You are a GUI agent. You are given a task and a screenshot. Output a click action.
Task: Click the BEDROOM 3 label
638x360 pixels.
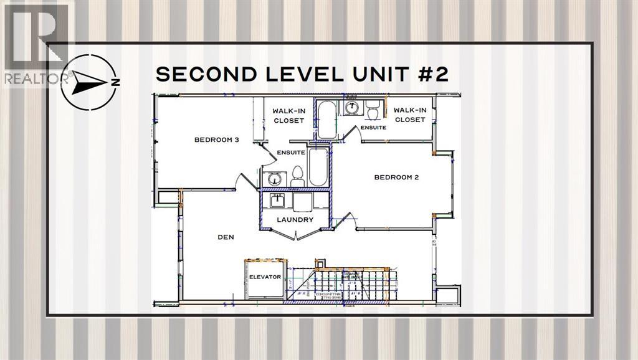tap(216, 140)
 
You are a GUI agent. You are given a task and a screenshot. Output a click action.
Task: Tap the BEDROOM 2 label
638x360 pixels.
tap(396, 177)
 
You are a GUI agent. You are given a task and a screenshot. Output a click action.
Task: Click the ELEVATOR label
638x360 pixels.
tap(265, 277)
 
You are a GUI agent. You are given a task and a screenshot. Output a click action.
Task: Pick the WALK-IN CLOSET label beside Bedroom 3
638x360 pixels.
tap(288, 116)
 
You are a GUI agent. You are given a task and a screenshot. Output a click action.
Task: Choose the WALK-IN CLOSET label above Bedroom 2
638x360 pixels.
tap(409, 115)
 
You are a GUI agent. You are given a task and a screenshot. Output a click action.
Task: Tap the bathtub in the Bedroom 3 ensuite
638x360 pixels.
tap(318, 168)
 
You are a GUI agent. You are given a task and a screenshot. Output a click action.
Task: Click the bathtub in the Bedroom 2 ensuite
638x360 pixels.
tap(325, 119)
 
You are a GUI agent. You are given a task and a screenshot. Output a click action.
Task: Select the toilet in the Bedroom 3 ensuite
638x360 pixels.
tap(297, 176)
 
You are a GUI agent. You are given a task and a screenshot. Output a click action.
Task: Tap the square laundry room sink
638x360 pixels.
tap(275, 201)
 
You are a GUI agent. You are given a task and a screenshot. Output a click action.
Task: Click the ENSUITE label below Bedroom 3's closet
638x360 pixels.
tap(290, 152)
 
